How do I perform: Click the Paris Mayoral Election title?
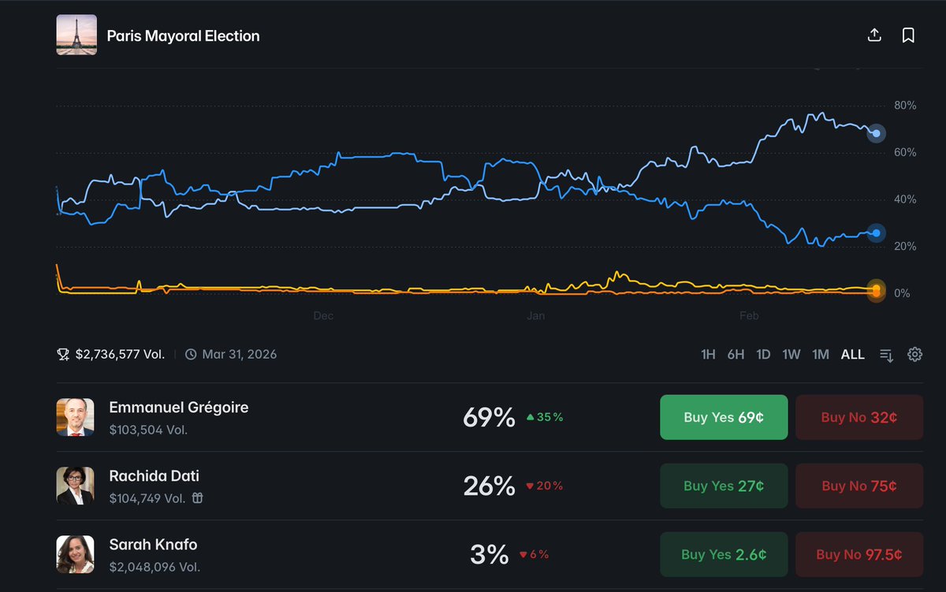(x=183, y=36)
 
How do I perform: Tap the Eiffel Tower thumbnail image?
(x=76, y=35)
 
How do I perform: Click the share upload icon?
(x=873, y=35)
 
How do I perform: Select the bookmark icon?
(x=908, y=35)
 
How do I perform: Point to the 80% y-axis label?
(x=904, y=106)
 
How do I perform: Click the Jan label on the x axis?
(x=535, y=316)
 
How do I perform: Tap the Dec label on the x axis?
(x=323, y=316)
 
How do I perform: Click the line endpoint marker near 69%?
(x=875, y=133)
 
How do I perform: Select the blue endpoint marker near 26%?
(x=875, y=233)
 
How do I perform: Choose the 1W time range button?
(x=791, y=355)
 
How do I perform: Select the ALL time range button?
(x=852, y=355)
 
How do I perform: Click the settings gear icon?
(x=914, y=355)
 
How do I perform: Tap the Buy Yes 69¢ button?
(x=723, y=417)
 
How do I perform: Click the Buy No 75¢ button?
(x=858, y=486)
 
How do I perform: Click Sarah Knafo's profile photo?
(x=76, y=554)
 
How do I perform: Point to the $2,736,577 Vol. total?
(x=120, y=355)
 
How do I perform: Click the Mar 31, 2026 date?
(x=239, y=355)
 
